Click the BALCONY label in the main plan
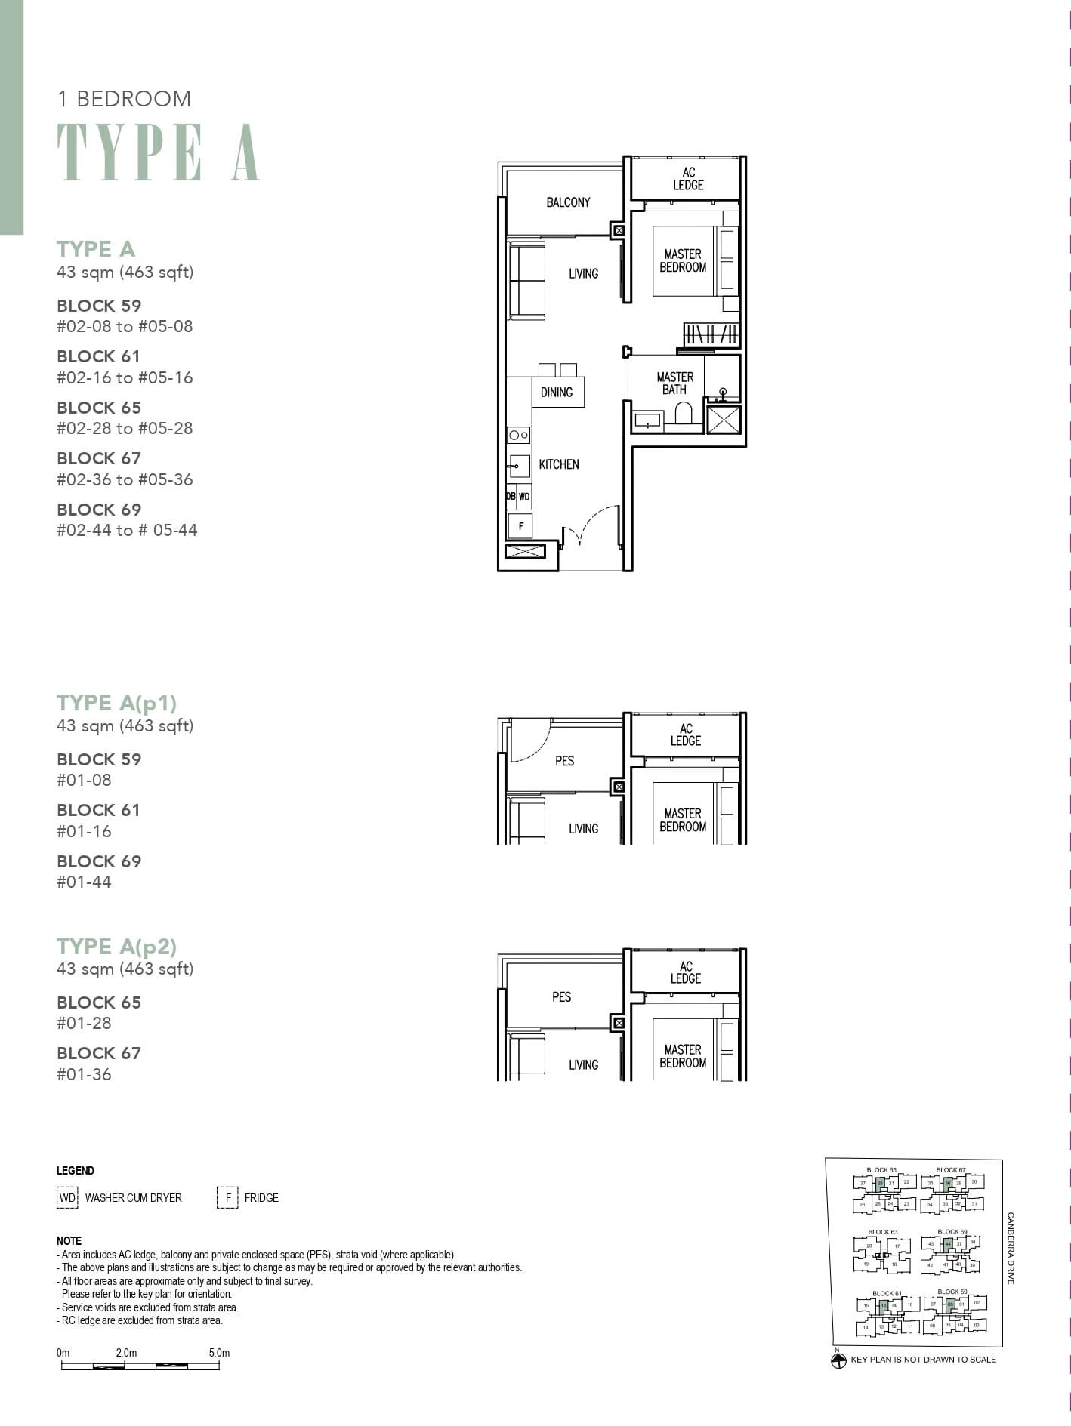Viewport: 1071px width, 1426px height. tap(568, 202)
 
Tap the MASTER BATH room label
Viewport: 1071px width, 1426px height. tap(674, 383)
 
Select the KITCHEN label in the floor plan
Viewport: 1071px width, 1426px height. tap(559, 464)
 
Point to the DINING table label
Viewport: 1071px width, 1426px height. tap(557, 393)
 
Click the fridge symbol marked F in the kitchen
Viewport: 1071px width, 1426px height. tap(520, 525)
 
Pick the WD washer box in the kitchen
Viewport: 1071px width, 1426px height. tap(524, 497)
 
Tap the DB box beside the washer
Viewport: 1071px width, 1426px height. tap(511, 497)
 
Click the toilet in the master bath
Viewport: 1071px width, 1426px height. tap(683, 414)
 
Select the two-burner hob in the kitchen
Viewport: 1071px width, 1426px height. tap(519, 435)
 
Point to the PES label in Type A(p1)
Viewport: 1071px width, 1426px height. tap(565, 761)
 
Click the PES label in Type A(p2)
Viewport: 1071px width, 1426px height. tap(562, 997)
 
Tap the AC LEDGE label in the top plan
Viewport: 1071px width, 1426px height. tap(688, 179)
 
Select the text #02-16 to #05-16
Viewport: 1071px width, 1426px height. tap(125, 377)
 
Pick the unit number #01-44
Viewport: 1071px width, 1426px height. tap(84, 882)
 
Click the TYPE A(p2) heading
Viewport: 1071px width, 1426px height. tap(117, 947)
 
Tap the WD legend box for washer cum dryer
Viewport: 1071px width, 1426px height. tap(67, 1198)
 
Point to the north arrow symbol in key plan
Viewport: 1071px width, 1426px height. tap(838, 1360)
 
